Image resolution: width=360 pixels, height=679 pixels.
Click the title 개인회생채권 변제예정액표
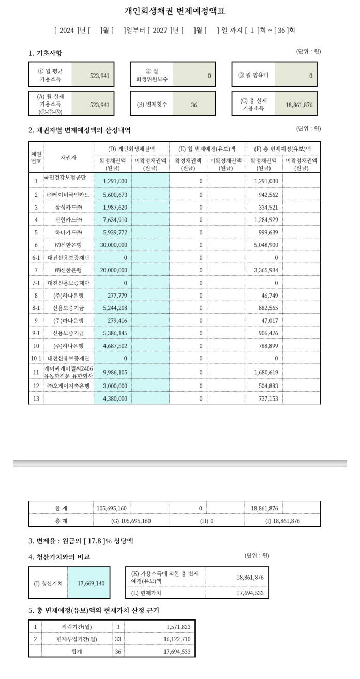click(x=175, y=11)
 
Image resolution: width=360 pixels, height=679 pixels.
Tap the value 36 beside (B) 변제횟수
click(x=194, y=105)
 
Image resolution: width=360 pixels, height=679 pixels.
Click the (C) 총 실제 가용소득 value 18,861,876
click(x=299, y=105)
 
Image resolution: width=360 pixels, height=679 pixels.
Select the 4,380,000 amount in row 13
click(x=115, y=398)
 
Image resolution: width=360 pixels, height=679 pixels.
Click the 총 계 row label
click(x=61, y=521)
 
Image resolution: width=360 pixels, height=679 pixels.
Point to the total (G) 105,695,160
click(x=131, y=521)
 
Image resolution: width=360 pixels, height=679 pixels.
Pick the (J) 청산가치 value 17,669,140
click(x=91, y=583)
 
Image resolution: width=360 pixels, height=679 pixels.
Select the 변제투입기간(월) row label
click(x=77, y=639)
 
